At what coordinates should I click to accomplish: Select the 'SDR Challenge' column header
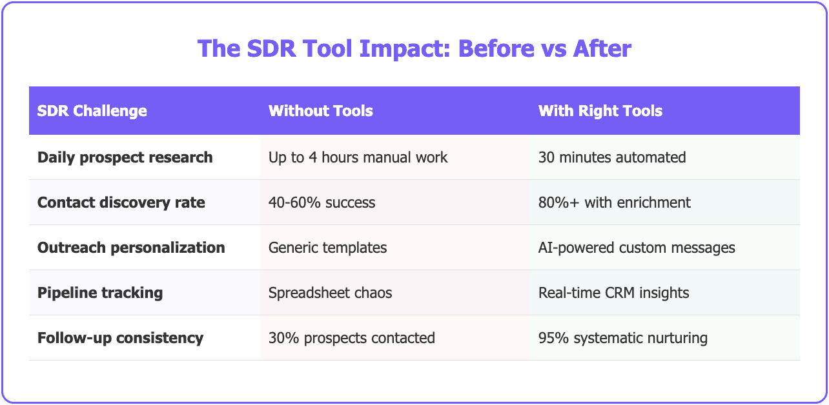point(92,111)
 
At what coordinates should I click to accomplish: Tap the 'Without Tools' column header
point(320,111)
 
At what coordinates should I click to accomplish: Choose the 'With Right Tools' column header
point(600,111)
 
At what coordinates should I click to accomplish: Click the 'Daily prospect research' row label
point(125,157)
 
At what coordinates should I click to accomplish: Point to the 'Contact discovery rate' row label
point(121,202)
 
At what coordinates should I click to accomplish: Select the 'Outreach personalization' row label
point(131,248)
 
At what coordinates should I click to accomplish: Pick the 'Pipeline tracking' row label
point(100,293)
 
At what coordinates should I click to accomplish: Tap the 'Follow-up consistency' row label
point(120,338)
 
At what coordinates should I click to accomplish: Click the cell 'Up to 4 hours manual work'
point(358,157)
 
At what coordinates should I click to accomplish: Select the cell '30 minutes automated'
point(611,157)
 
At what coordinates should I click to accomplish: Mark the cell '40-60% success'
point(322,202)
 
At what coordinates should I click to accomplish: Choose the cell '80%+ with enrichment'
point(614,202)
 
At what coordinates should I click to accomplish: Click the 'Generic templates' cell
point(327,248)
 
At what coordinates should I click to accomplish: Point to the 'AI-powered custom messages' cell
point(636,248)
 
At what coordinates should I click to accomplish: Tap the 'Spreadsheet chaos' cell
point(330,293)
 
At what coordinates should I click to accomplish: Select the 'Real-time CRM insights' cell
point(613,293)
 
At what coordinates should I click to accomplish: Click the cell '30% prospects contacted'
point(351,338)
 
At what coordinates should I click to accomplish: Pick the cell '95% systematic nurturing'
point(622,338)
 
